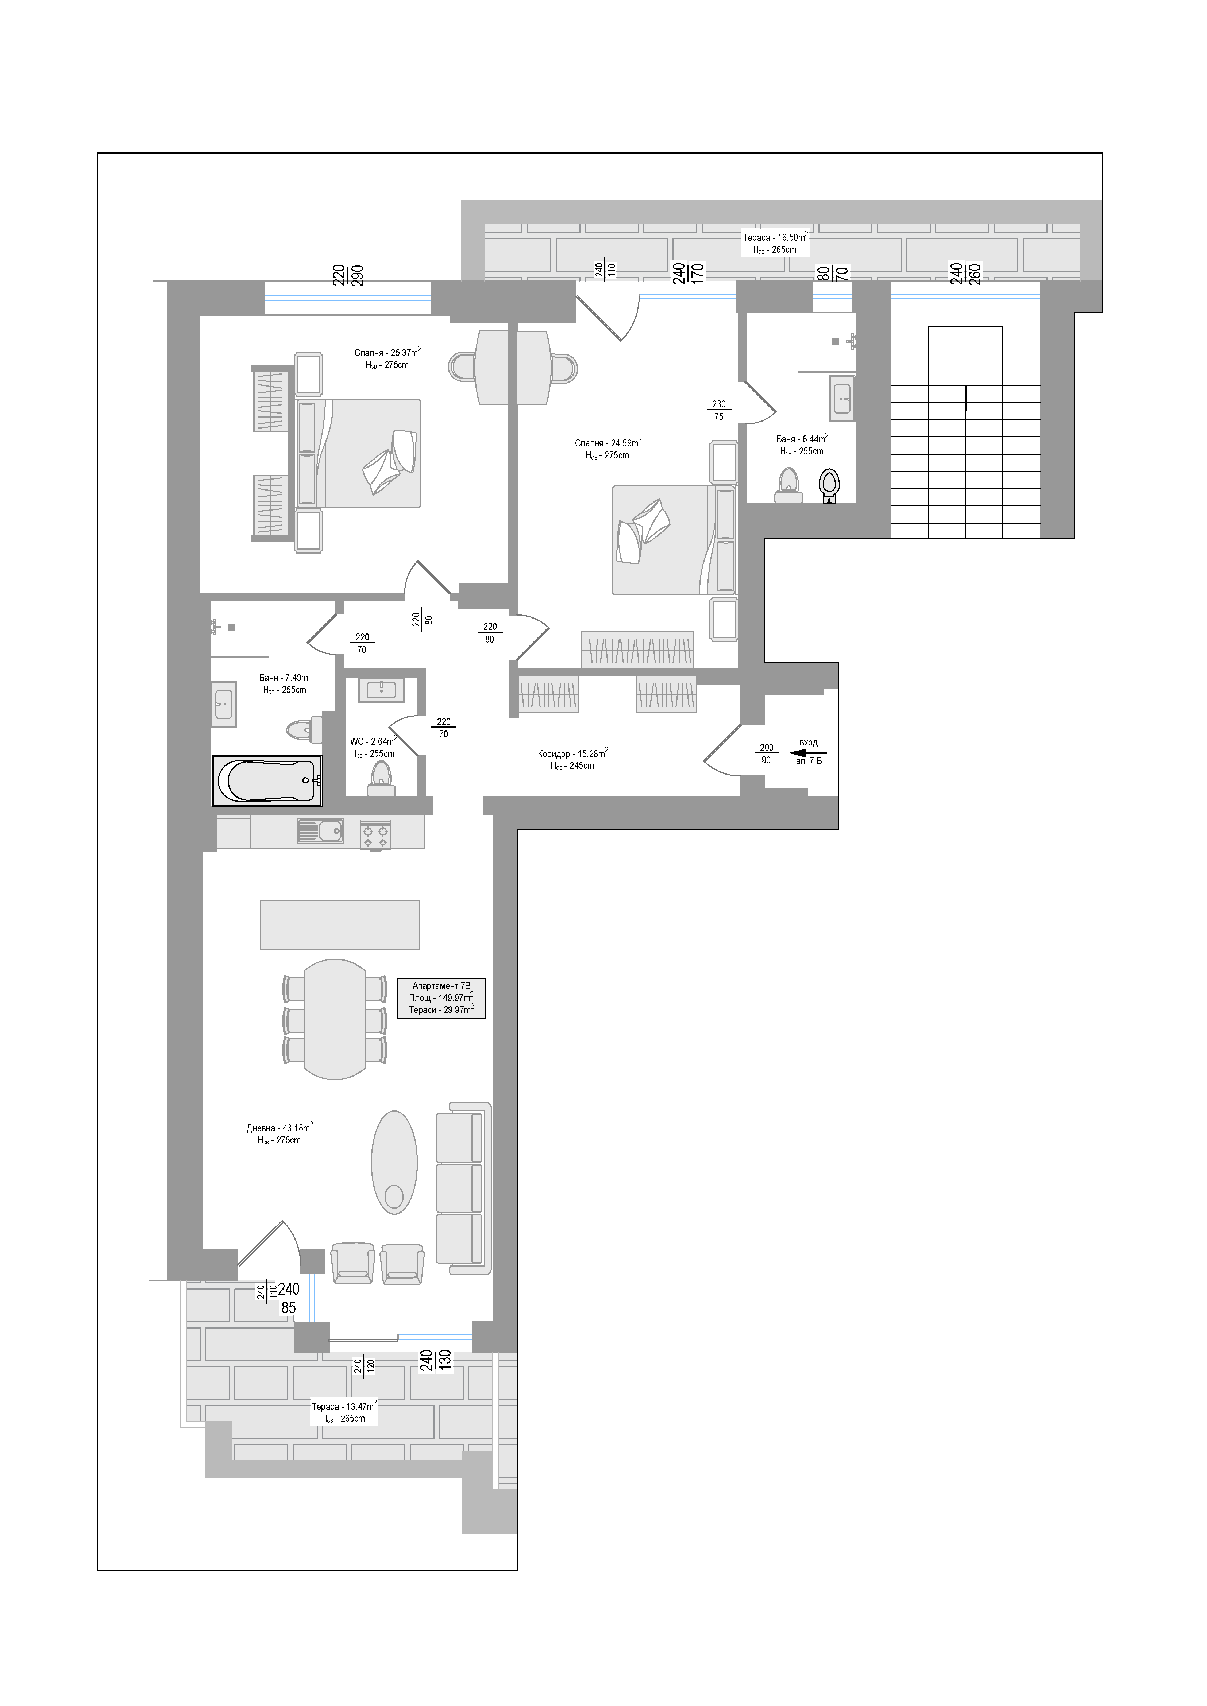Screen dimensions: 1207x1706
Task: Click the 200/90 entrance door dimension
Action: point(766,753)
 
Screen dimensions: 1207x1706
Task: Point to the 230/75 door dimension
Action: point(719,410)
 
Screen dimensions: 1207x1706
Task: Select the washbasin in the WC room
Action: point(381,690)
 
